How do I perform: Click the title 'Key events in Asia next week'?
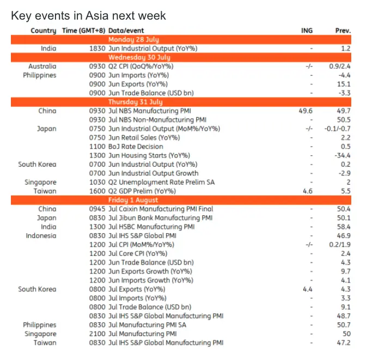[88, 16]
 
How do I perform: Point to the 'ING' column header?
[307, 30]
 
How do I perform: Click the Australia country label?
[42, 66]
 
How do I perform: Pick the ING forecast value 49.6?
[306, 111]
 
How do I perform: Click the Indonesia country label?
[41, 236]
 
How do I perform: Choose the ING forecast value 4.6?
[307, 191]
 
